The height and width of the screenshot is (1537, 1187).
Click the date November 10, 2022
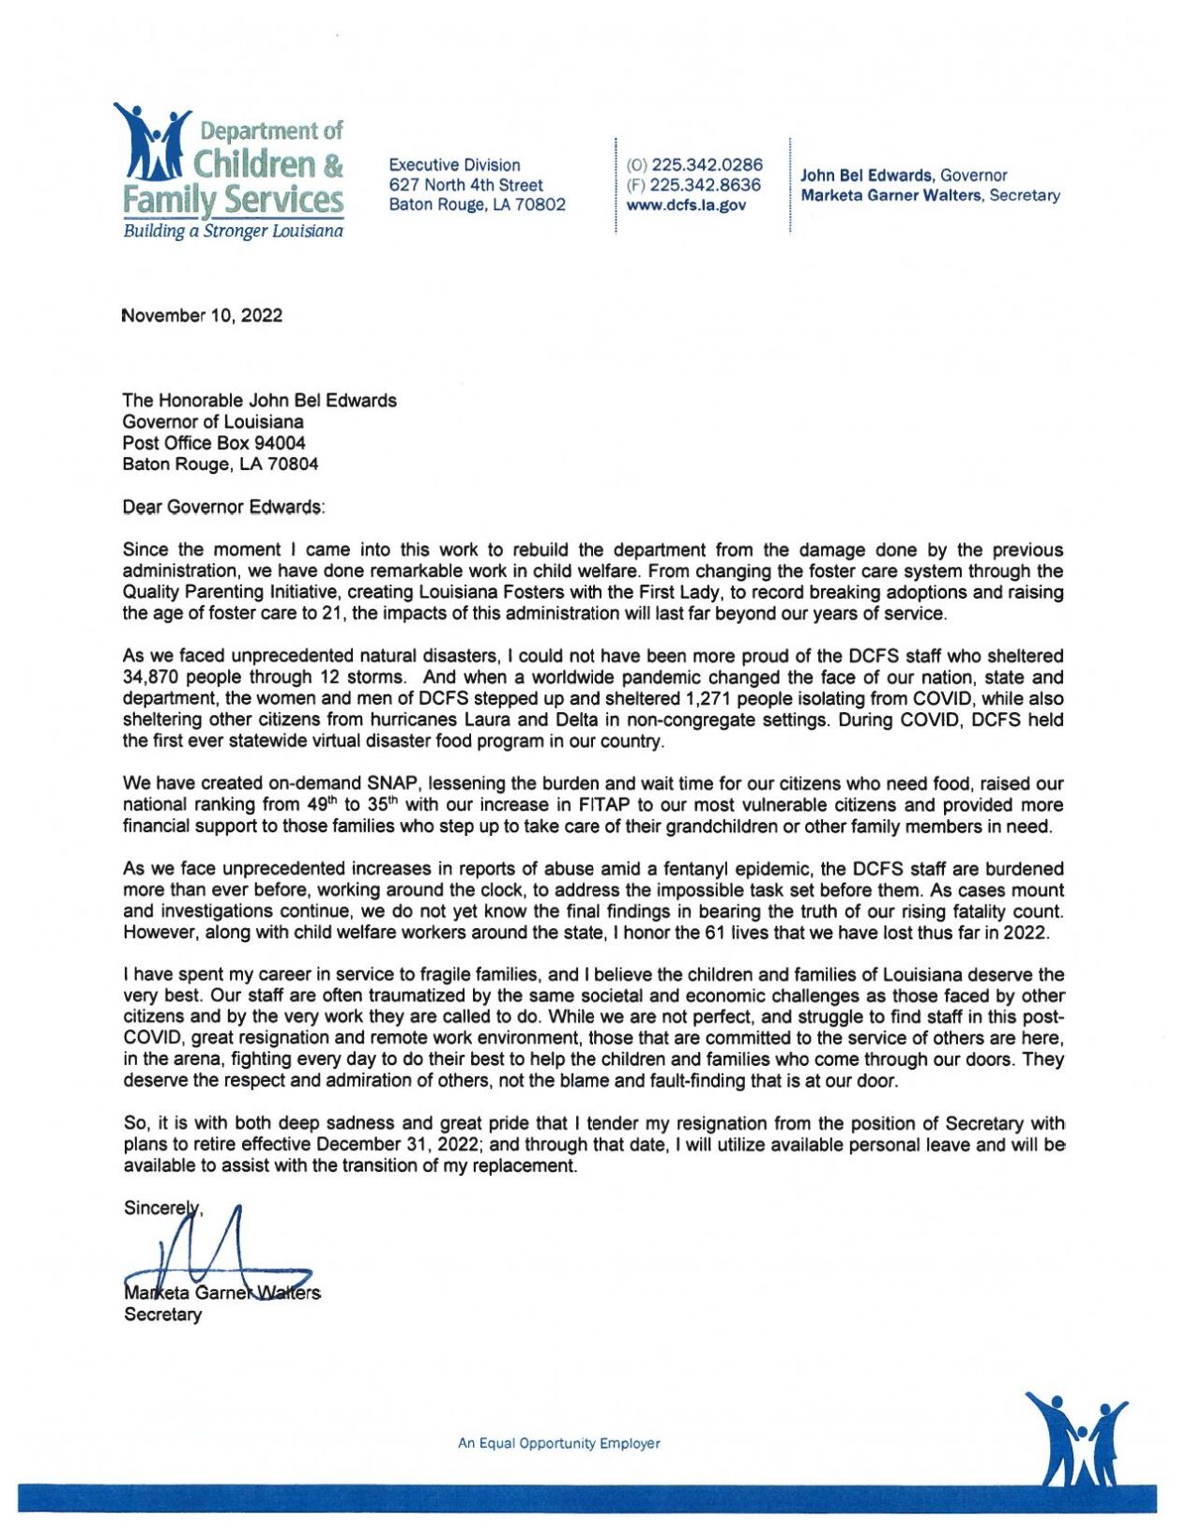click(202, 315)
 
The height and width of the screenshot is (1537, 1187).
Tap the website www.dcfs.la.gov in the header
click(685, 205)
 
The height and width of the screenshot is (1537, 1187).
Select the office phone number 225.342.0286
click(707, 164)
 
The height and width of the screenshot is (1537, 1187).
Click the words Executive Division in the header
click(454, 165)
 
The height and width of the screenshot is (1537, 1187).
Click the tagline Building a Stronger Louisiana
click(233, 231)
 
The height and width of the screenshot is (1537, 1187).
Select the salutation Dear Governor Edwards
click(223, 507)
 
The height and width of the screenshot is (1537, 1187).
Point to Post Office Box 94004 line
click(213, 443)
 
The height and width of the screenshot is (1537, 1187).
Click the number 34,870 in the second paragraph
click(153, 677)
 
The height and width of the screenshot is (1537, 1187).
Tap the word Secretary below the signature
click(162, 1315)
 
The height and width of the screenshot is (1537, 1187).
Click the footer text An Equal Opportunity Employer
click(558, 1443)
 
